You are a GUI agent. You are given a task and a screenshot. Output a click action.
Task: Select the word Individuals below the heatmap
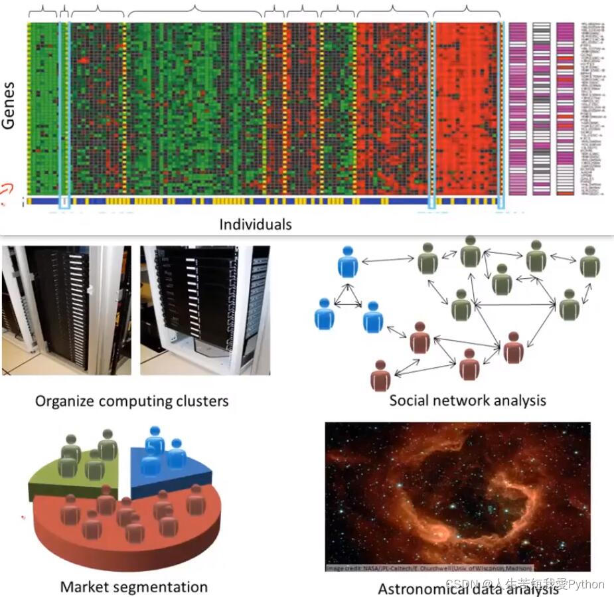(256, 224)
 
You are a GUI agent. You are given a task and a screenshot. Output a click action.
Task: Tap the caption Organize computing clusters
(131, 401)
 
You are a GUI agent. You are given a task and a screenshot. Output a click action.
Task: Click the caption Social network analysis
(467, 400)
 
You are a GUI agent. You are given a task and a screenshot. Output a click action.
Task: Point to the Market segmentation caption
(133, 587)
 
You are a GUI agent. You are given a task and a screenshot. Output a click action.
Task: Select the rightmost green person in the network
(589, 262)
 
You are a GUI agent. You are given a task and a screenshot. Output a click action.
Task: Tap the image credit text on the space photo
(428, 568)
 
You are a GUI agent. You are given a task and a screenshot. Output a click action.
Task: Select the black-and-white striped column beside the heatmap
(541, 109)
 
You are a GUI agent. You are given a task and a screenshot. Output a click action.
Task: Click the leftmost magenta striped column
(518, 109)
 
